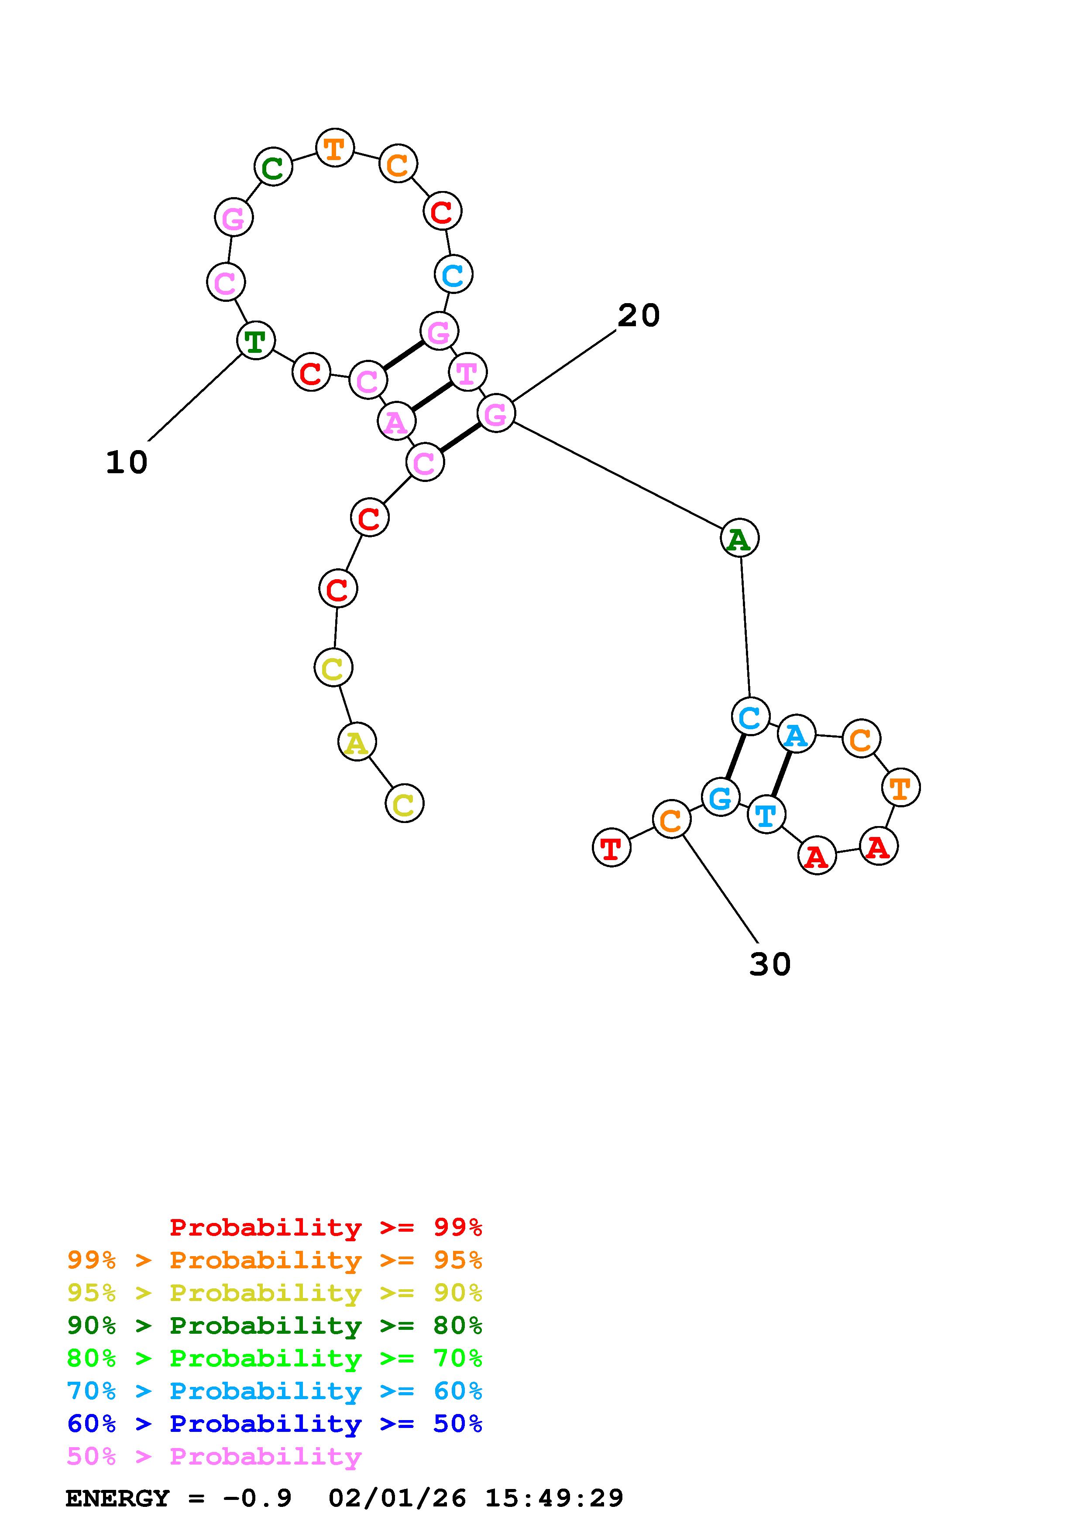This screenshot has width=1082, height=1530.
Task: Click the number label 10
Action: pyautogui.click(x=127, y=462)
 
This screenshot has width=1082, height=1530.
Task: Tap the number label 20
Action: pyautogui.click(x=638, y=315)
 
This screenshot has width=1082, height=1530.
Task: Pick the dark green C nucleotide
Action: pyautogui.click(x=273, y=167)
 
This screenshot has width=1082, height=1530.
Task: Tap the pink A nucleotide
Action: pyautogui.click(x=396, y=422)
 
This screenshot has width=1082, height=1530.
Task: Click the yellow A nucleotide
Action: pyautogui.click(x=357, y=742)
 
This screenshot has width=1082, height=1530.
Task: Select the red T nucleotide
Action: pyautogui.click(x=611, y=847)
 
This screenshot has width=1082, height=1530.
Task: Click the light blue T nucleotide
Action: pyautogui.click(x=766, y=814)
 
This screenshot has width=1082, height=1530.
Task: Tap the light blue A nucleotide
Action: pyautogui.click(x=796, y=734)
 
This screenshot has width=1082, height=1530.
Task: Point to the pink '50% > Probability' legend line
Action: pyautogui.click(x=214, y=1457)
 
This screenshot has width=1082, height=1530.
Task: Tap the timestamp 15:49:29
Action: pyautogui.click(x=553, y=1499)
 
